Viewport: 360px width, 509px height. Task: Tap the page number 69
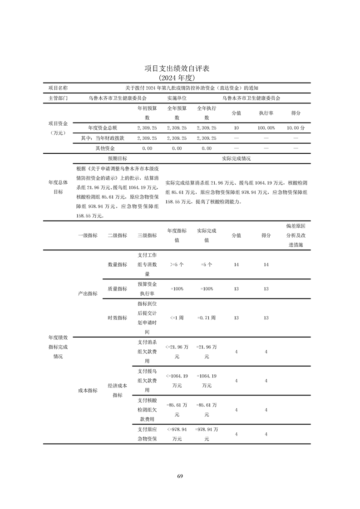[x=180, y=476]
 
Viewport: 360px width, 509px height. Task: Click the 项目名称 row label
[x=58, y=88]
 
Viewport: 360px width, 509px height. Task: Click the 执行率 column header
[x=266, y=113]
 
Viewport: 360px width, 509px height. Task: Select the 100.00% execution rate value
[x=266, y=128]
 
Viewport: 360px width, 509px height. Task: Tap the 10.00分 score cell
[x=296, y=128]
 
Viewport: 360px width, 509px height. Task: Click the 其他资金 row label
[x=105, y=148]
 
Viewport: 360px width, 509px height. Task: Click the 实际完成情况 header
[x=236, y=159]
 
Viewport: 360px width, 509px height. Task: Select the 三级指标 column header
[x=147, y=235]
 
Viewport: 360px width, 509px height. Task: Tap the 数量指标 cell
[x=117, y=264]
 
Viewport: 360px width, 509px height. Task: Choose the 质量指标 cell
[x=117, y=289]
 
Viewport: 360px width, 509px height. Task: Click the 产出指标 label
[x=88, y=294]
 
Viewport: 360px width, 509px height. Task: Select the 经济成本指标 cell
[x=117, y=390]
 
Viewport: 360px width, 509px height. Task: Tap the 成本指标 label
[x=88, y=390]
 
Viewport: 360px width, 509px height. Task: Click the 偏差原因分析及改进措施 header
[x=296, y=235]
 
